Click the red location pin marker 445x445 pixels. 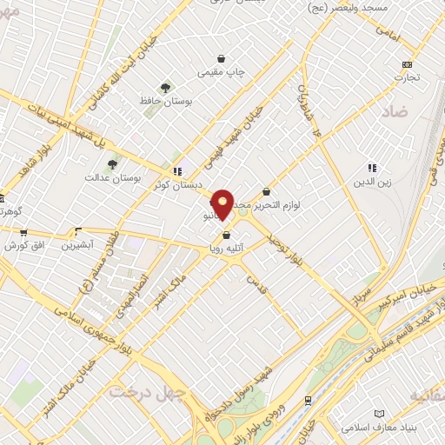coord(222,203)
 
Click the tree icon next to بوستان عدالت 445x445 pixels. coord(111,163)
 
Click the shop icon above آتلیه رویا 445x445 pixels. coord(227,235)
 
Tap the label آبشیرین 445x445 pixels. coord(77,246)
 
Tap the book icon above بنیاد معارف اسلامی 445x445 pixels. coord(378,414)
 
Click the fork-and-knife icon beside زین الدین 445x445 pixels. coord(372,168)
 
